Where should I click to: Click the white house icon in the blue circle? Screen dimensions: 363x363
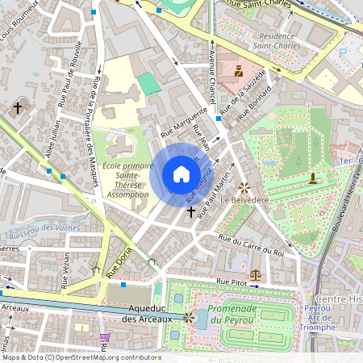pyautogui.click(x=181, y=174)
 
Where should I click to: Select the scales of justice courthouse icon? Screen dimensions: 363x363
pyautogui.click(x=257, y=274)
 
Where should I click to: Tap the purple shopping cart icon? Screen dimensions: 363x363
pyautogui.click(x=104, y=337)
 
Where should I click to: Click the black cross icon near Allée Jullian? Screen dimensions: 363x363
pyautogui.click(x=18, y=106)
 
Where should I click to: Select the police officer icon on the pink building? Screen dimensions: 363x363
pyautogui.click(x=238, y=71)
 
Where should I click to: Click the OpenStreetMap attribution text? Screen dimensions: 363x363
pyautogui.click(x=81, y=357)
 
